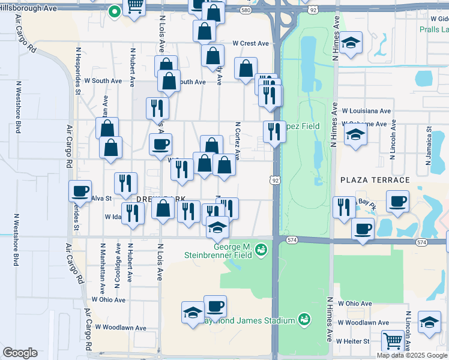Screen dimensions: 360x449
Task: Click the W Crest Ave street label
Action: click(251, 44)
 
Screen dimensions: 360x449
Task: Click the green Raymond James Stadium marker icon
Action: click(304, 320)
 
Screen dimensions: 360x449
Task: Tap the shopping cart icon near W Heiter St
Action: click(393, 340)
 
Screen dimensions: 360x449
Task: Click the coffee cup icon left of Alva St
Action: click(80, 191)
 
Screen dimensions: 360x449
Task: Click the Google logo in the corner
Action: click(20, 353)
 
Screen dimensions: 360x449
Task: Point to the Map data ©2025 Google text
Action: click(412, 355)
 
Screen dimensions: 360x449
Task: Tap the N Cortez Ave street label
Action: click(238, 142)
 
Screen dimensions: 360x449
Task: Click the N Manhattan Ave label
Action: click(103, 264)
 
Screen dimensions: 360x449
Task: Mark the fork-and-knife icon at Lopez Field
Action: click(274, 131)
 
